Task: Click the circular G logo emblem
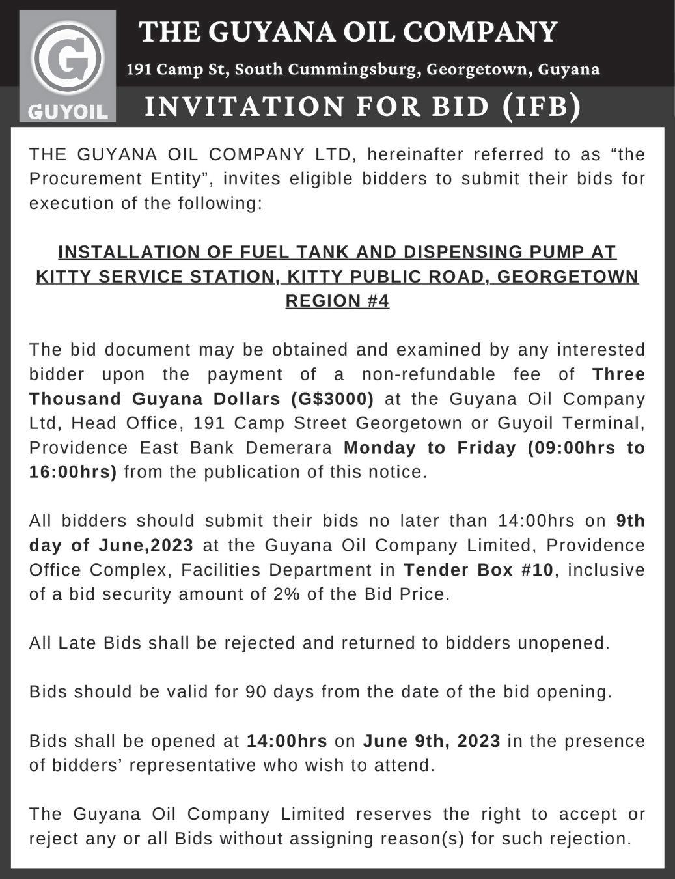(68, 59)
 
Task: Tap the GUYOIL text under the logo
(68, 111)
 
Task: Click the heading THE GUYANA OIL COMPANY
(349, 31)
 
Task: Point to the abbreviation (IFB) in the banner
(542, 106)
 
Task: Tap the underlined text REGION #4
(337, 301)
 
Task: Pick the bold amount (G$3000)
(332, 398)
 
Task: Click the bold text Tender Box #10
(478, 570)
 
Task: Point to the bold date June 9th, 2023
(432, 741)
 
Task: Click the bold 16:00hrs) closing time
(73, 472)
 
